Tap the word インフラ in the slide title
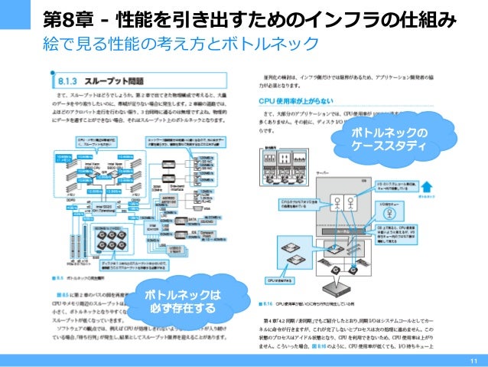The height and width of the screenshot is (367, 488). pos(342,17)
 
